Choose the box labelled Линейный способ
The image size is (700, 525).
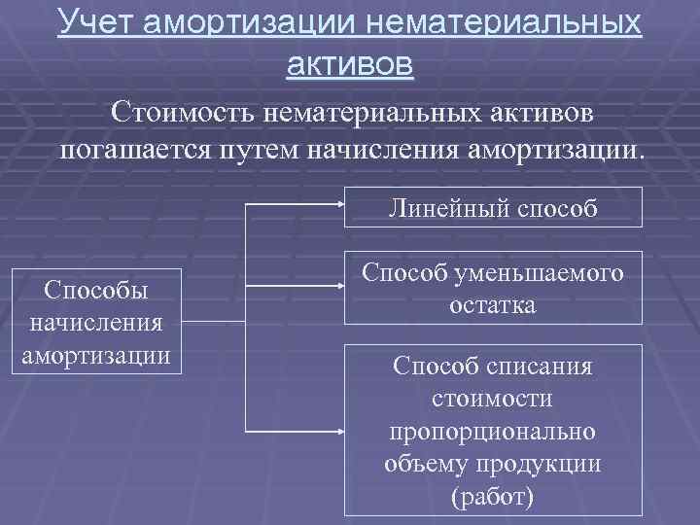(492, 207)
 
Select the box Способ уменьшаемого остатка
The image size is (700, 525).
(492, 290)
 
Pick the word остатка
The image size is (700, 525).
(492, 304)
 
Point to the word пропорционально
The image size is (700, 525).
(492, 431)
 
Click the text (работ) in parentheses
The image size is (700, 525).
(492, 497)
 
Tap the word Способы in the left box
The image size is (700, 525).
(96, 290)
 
